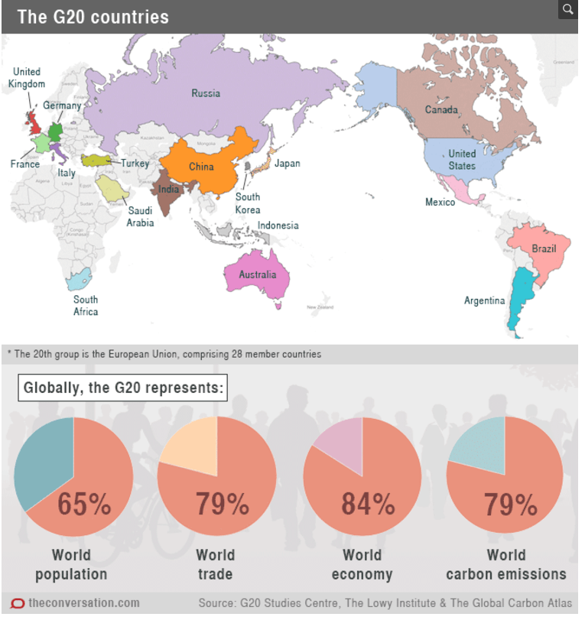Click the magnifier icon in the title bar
pyautogui.click(x=567, y=9)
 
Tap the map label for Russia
pyautogui.click(x=206, y=93)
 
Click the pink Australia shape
pyautogui.click(x=258, y=276)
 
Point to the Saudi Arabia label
pyautogui.click(x=141, y=217)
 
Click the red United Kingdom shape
pyautogui.click(x=31, y=120)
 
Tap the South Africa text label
pyautogui.click(x=86, y=305)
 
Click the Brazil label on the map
pyautogui.click(x=544, y=249)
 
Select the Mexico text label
pyautogui.click(x=440, y=202)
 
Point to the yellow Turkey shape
pyautogui.click(x=95, y=160)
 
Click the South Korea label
pyautogui.click(x=248, y=203)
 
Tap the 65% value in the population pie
pyautogui.click(x=85, y=505)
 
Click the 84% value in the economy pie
pyautogui.click(x=368, y=505)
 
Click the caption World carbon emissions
pyautogui.click(x=505, y=564)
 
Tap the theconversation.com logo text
pyautogui.click(x=83, y=603)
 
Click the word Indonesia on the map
pyautogui.click(x=278, y=226)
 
